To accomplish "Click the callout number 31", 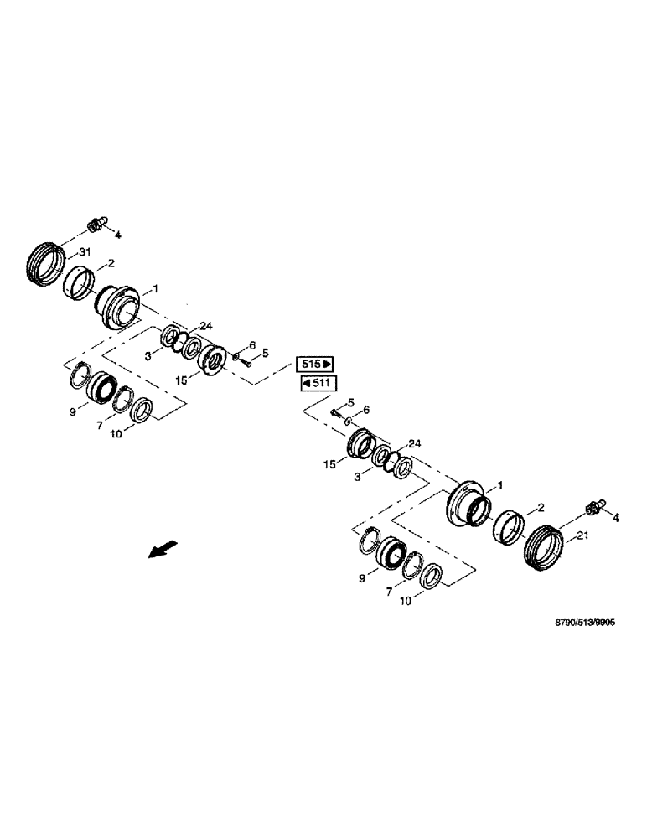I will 84,253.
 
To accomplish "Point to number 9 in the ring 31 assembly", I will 73,411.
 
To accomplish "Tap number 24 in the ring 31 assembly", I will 205,327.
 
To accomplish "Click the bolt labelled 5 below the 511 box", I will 336,412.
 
